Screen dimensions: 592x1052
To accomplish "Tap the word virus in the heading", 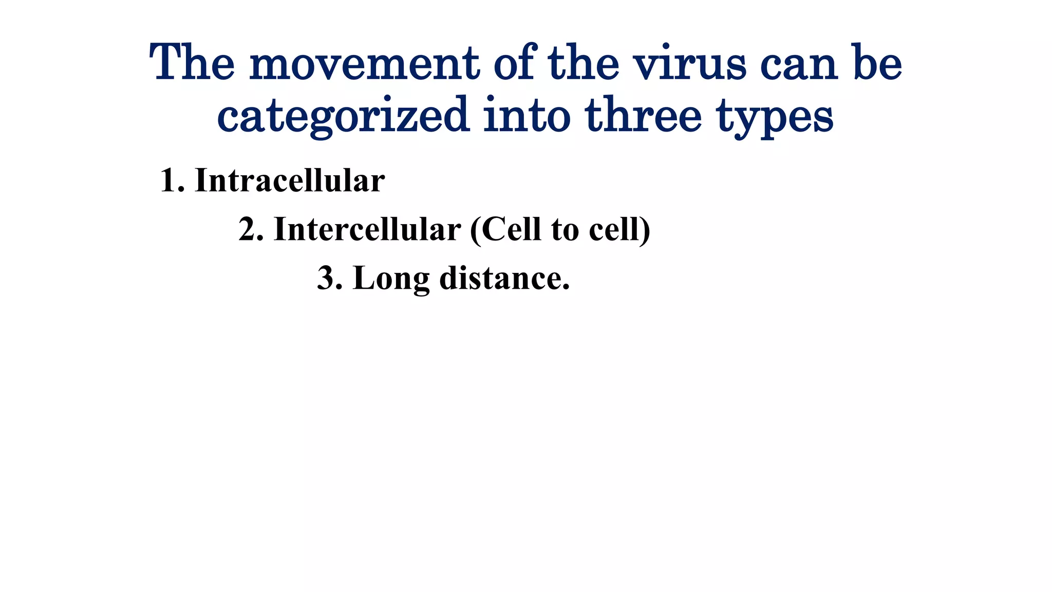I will pos(689,64).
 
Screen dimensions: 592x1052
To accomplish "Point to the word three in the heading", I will pos(643,115).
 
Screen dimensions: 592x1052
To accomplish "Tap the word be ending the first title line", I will pos(877,64).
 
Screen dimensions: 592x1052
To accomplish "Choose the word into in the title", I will pos(527,115).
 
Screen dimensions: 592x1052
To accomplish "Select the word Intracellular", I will pos(290,181).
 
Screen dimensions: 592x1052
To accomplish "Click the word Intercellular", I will pos(367,229).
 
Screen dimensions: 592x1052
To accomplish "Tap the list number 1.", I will pos(170,181).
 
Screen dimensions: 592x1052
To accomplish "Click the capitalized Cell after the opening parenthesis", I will pos(511,229).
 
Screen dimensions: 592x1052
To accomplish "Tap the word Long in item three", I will pos(391,279).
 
